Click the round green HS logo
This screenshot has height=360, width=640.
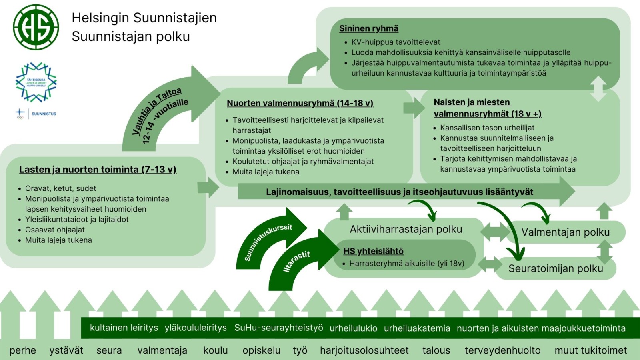[36, 27]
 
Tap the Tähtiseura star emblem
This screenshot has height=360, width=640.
[36, 82]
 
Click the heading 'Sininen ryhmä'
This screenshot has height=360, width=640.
[368, 28]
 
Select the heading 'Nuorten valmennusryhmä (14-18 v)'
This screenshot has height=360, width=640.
[300, 103]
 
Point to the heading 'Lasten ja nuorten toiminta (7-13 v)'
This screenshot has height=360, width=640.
[98, 170]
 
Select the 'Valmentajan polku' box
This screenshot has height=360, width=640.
[565, 232]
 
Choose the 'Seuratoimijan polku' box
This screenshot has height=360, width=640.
[556, 268]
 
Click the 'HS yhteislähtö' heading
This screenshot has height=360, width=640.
[373, 251]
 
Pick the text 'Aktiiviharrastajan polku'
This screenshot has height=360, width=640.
[406, 229]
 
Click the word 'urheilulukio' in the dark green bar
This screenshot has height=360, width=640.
[353, 328]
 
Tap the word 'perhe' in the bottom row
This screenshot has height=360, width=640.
[22, 350]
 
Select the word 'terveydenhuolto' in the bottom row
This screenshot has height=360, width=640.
[502, 350]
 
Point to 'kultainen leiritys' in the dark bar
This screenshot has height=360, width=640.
[124, 328]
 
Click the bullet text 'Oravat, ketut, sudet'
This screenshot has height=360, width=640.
[60, 188]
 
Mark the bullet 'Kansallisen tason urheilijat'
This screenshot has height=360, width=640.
[487, 128]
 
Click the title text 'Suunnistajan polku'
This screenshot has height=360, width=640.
[131, 36]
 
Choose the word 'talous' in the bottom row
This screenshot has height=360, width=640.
[436, 350]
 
